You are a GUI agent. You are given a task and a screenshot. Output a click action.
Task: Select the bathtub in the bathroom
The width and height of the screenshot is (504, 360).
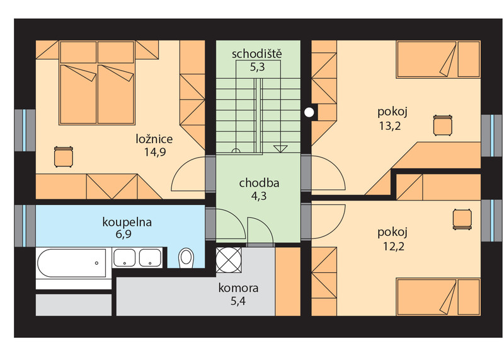pos(72,263)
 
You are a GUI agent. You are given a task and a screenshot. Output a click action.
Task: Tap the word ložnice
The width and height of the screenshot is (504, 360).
pos(154,139)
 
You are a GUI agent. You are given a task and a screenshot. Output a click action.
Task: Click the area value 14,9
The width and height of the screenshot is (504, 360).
pos(155,152)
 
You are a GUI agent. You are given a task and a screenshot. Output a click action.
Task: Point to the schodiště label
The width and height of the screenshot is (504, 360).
pos(257,54)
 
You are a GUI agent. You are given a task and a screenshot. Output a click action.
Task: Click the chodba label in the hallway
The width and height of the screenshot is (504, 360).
pos(259,183)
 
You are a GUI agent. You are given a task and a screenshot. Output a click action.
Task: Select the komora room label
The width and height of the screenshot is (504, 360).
pos(238,287)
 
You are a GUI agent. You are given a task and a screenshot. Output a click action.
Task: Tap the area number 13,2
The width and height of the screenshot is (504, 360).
pos(390,126)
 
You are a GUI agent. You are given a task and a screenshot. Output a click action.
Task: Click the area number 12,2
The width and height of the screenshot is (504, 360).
pos(393,247)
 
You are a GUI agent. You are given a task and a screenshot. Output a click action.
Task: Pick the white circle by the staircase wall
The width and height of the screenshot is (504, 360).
pos(309,112)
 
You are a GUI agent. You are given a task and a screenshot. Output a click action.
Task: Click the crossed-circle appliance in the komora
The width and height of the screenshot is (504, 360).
pos(229,260)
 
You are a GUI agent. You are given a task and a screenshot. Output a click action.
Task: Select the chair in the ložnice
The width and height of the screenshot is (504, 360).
pos(64,157)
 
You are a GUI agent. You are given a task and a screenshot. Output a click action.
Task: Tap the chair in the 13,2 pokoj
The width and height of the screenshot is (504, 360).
pos(443,125)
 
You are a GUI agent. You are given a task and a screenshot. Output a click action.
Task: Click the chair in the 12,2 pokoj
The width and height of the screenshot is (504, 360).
pos(462,219)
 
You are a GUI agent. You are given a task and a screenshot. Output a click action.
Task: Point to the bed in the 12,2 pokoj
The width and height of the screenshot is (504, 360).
pos(438,297)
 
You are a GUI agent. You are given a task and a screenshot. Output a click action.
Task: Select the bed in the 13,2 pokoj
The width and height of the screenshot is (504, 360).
pos(438,59)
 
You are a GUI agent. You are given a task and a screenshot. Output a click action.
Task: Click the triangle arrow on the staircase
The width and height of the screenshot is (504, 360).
pos(280,149)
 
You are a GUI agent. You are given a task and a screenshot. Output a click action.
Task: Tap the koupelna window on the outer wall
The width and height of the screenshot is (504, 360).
pos(25,226)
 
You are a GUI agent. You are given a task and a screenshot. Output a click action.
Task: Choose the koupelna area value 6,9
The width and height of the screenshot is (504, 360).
pos(123,234)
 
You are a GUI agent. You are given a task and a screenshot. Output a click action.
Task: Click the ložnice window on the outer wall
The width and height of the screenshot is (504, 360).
pos(25,130)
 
